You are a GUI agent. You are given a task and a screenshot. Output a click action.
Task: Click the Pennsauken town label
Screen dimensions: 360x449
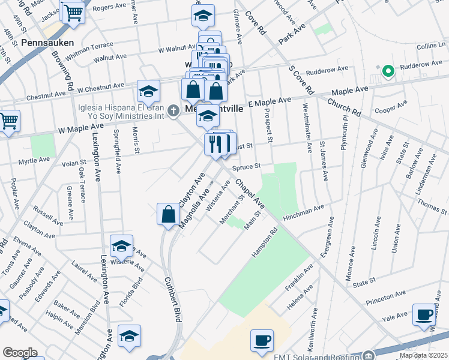pyautogui.click(x=47, y=43)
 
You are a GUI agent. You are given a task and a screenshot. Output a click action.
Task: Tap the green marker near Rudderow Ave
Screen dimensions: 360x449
pyautogui.click(x=388, y=73)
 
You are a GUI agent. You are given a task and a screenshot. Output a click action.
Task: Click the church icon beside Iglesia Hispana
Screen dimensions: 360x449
pyautogui.click(x=174, y=110)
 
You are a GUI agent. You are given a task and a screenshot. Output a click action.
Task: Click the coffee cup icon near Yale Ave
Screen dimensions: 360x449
pyautogui.click(x=424, y=314)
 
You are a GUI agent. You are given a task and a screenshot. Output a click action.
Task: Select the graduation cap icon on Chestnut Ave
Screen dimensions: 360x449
pyautogui.click(x=148, y=91)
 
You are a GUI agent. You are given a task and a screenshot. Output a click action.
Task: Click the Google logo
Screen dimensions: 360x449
pyautogui.click(x=20, y=352)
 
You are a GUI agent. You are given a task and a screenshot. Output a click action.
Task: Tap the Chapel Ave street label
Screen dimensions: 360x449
pyautogui.click(x=250, y=192)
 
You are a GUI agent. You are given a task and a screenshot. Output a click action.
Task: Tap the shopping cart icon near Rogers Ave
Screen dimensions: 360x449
pyautogui.click(x=73, y=11)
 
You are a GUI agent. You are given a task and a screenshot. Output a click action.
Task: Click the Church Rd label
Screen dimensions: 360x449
pyautogui.click(x=344, y=107)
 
